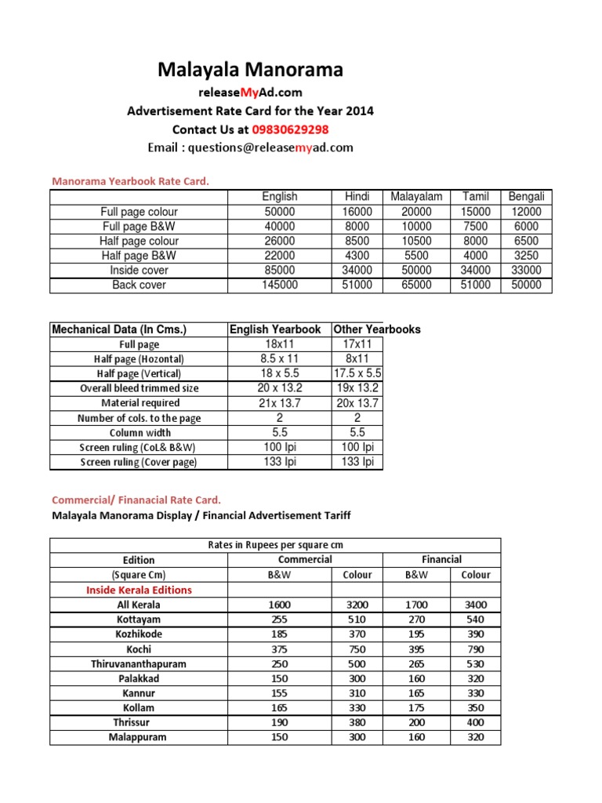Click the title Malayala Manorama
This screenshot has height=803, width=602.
click(x=250, y=71)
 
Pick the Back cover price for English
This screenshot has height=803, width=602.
click(x=280, y=285)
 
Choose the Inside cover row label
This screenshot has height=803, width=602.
click(x=139, y=271)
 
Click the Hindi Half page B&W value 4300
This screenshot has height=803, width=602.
click(x=357, y=256)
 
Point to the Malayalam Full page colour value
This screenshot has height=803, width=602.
click(x=416, y=212)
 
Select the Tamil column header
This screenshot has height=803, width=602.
click(x=476, y=197)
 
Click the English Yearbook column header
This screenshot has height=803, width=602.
click(x=275, y=329)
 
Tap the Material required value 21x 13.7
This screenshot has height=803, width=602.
click(x=279, y=403)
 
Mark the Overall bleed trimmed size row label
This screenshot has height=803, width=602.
click(x=139, y=388)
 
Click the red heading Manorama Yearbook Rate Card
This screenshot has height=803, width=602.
click(x=131, y=181)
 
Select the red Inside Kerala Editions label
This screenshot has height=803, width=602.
click(x=139, y=590)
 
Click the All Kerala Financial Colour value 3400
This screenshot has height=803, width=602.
click(x=475, y=605)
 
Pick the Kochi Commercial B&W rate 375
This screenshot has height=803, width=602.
click(x=278, y=649)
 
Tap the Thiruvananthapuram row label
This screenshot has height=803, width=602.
click(x=139, y=663)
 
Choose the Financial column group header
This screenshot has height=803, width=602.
click(x=441, y=559)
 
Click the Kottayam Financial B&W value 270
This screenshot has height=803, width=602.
click(x=415, y=620)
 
